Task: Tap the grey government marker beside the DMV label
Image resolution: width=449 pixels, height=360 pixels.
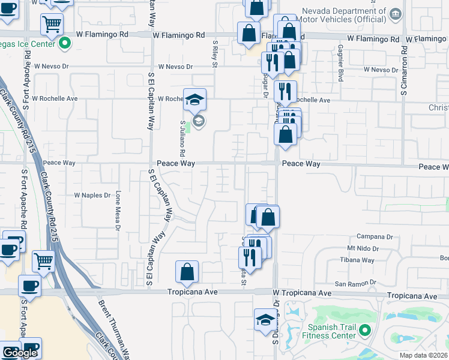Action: coord(395,14)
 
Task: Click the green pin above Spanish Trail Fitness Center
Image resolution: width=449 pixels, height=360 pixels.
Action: coord(364,329)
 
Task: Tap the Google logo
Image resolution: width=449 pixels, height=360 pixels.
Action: coord(20,353)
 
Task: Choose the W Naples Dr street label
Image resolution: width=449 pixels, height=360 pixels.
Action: coord(92,195)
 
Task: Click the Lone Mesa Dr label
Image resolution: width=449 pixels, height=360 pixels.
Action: coord(118,211)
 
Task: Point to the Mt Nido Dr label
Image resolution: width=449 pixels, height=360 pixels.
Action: coord(363,248)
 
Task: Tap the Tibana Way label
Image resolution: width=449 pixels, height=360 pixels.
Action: coord(361,260)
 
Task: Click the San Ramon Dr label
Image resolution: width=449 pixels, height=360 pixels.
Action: coord(355,283)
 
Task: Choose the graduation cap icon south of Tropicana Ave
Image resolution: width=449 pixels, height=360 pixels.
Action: coord(265,319)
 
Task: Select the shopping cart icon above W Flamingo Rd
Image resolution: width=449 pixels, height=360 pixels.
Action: coord(52,25)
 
